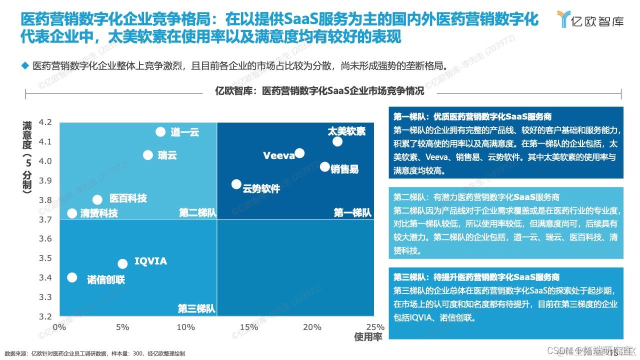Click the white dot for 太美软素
337,141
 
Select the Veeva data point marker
299,153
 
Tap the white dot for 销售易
325,167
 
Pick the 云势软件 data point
236,184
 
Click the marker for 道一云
160,131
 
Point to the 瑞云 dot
148,155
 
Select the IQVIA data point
122,263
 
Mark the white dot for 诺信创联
72,277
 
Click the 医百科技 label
128,199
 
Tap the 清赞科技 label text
99,214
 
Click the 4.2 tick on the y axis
45,122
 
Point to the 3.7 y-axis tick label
45,219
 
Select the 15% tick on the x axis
249,327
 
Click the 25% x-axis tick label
375,327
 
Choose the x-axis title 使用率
368,337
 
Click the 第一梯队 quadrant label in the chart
352,213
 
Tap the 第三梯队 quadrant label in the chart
196,309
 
